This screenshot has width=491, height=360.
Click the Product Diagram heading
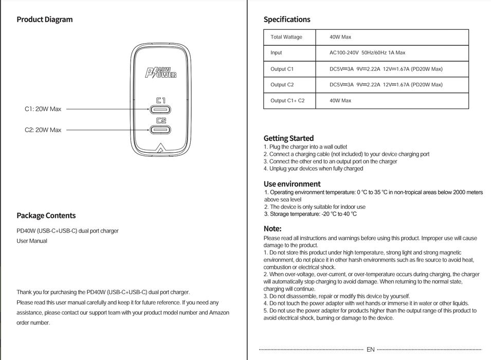point(45,20)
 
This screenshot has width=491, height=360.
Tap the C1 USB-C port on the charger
point(161,110)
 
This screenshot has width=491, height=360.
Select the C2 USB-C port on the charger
point(161,130)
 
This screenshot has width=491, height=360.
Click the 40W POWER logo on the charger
point(161,73)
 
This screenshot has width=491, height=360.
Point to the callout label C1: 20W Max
point(43,109)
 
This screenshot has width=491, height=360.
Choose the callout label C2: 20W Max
point(43,130)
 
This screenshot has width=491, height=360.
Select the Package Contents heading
point(46,215)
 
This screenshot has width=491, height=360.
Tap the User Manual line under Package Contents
point(32,241)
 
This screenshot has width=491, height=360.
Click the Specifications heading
point(287,20)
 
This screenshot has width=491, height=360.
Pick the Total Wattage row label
point(286,37)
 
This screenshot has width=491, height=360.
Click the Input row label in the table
point(276,52)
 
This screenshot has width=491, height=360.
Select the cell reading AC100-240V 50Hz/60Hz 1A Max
point(367,52)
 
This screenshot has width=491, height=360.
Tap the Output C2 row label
point(282,85)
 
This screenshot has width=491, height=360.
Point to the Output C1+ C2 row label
point(287,101)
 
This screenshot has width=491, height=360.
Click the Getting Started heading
point(288,138)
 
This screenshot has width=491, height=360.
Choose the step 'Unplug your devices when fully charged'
point(315,169)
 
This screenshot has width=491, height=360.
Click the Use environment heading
point(292,184)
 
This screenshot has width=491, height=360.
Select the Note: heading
point(272,228)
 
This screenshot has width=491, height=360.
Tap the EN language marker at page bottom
point(370,350)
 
